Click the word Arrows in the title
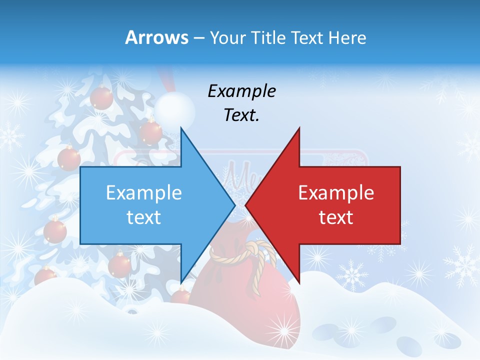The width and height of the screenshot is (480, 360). tap(156, 37)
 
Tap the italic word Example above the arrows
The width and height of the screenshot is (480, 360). tap(241, 91)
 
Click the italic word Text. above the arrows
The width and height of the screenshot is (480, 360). tap(241, 115)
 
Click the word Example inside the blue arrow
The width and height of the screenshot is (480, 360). tap(144, 193)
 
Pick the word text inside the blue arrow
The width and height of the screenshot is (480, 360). tap(144, 217)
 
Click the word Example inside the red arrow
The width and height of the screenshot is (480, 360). tap(336, 193)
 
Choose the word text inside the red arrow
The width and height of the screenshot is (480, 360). tap(336, 217)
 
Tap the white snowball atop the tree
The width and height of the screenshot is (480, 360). tap(173, 109)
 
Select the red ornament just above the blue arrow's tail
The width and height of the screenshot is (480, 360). tap(69, 158)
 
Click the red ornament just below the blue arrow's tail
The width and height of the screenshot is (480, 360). tap(55, 231)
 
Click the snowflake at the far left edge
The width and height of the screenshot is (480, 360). tap(11, 136)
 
